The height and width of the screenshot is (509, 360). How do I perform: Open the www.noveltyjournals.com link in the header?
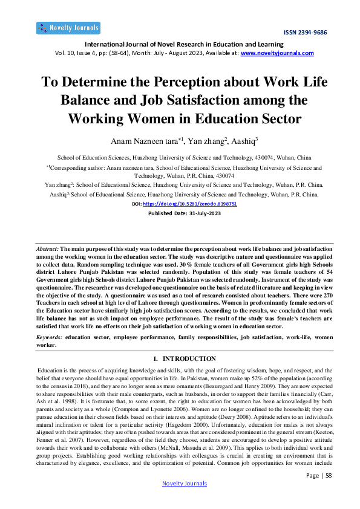pyautogui.click(x=277, y=53)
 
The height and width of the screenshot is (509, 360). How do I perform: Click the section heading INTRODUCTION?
pyautogui.click(x=189, y=359)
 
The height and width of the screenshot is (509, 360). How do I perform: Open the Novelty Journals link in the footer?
pyautogui.click(x=185, y=484)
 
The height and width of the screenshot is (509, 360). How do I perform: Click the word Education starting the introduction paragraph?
pyautogui.click(x=50, y=368)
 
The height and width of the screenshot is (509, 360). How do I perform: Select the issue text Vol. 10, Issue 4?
pyautogui.click(x=66, y=53)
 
